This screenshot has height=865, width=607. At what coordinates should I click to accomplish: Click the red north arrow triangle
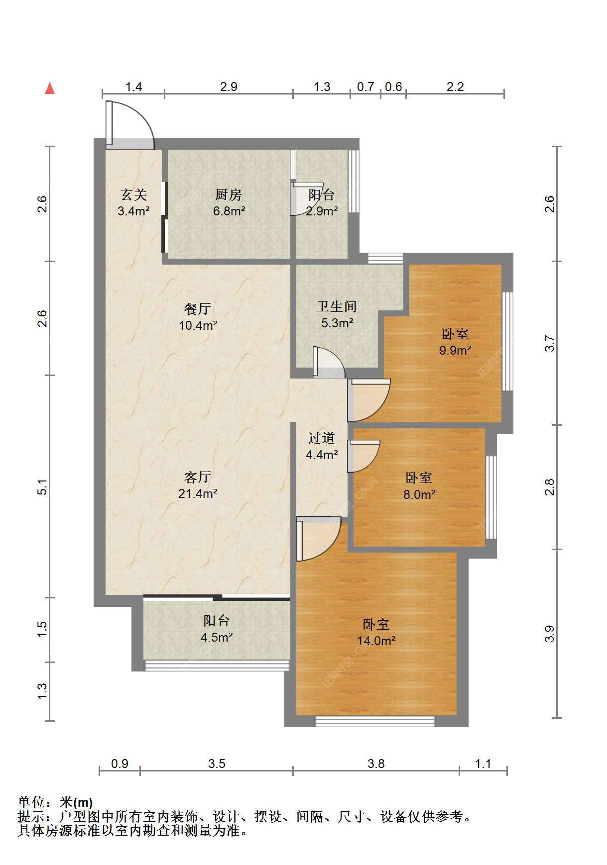(x=50, y=88)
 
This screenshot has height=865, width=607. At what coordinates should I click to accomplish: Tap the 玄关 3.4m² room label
(x=134, y=202)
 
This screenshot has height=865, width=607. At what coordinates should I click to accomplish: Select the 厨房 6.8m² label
(x=229, y=202)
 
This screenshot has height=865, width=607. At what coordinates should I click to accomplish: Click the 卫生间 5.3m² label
(x=337, y=314)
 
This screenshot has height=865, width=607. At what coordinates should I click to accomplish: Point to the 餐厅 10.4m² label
(x=198, y=317)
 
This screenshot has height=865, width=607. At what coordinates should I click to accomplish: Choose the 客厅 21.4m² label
(x=198, y=485)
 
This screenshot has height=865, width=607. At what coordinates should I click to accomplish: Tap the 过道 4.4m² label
(x=322, y=446)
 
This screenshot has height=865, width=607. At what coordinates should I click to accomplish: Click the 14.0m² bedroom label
(x=376, y=632)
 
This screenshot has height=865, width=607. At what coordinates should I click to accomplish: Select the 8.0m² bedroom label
(x=419, y=486)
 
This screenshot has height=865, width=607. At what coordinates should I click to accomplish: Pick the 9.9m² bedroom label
(x=455, y=342)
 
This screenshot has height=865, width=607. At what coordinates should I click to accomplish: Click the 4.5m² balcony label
(x=217, y=628)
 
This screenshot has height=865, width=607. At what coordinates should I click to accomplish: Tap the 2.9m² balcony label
(x=322, y=202)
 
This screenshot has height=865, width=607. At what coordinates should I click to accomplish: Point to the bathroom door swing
(x=329, y=362)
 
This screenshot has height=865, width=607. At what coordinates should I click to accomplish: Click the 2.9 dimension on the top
(x=229, y=87)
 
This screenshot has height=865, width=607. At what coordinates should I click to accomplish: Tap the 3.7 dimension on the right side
(x=549, y=343)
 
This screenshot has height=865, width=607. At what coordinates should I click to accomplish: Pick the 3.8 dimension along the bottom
(x=376, y=764)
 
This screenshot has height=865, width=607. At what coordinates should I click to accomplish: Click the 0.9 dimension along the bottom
(x=120, y=764)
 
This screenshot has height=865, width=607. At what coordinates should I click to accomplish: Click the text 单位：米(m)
(x=55, y=802)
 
